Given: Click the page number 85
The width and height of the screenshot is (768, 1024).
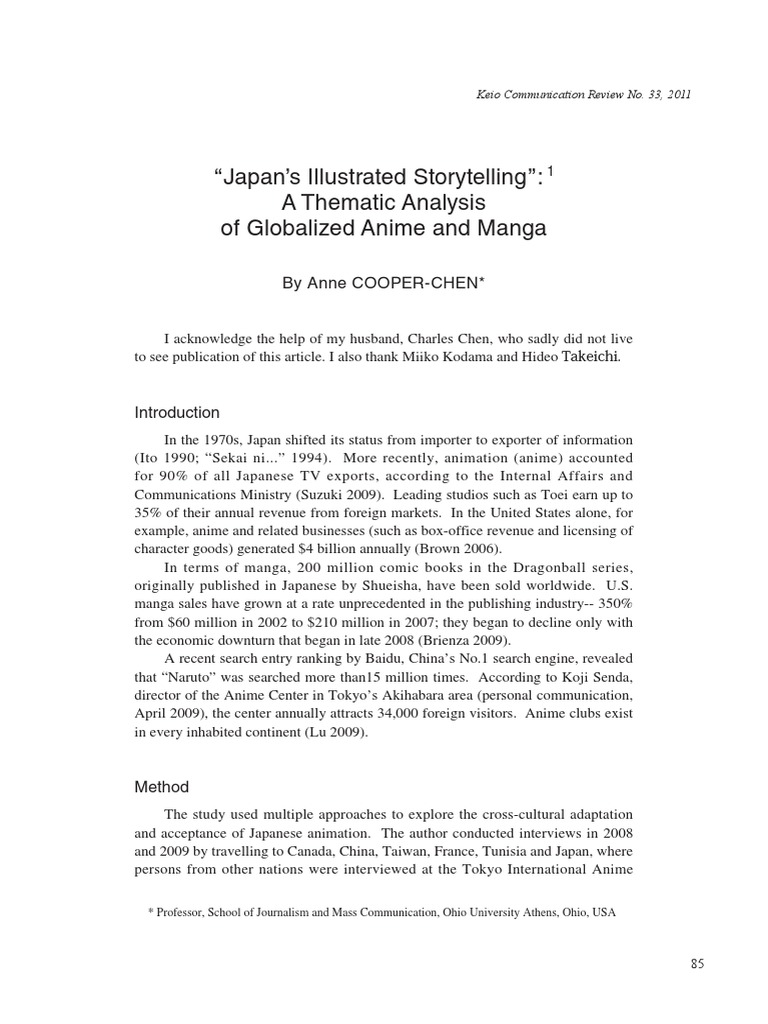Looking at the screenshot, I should (x=697, y=963).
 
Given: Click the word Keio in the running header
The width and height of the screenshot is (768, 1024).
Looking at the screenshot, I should (x=489, y=95).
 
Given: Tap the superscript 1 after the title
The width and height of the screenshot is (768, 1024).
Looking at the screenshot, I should (x=549, y=171).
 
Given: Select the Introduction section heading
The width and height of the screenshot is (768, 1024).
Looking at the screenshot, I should (x=177, y=412).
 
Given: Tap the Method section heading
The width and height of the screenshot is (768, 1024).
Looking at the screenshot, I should (x=161, y=787).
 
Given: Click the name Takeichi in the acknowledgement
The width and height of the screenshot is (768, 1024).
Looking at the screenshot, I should (x=597, y=358).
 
